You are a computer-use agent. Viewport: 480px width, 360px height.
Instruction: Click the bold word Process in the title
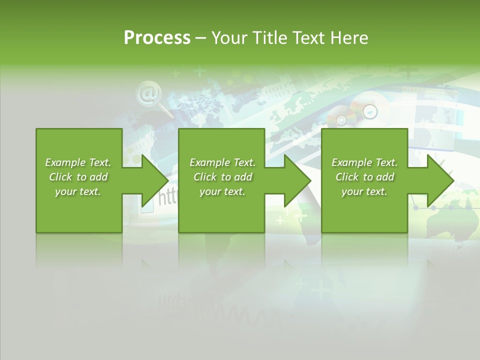(157, 38)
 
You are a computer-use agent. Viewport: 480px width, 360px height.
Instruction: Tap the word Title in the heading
(271, 38)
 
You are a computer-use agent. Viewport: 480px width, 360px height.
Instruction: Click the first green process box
(79, 210)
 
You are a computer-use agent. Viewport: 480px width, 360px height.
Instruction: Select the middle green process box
(221, 210)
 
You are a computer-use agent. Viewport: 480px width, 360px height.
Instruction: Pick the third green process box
(364, 210)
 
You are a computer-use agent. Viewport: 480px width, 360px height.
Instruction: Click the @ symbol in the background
(148, 93)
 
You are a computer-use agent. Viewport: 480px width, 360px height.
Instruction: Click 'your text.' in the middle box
(222, 191)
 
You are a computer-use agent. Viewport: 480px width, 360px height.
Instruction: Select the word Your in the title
(228, 38)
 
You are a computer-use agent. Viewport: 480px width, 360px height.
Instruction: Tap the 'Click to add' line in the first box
(78, 177)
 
